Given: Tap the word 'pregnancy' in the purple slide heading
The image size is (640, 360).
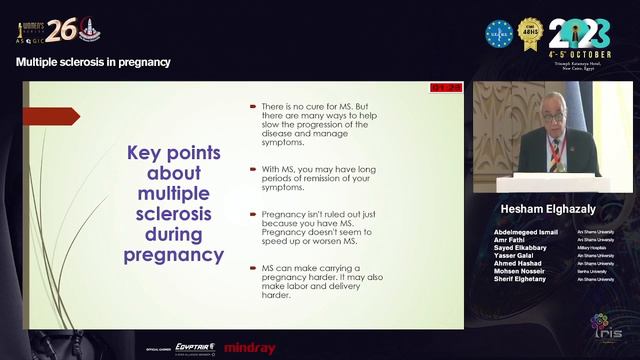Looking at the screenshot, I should tap(173, 254).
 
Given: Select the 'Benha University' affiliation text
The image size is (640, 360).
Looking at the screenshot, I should tap(593, 272).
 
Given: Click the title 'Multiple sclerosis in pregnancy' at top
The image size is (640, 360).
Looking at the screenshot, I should tap(93, 62).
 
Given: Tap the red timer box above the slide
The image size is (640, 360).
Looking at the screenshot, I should tap(447, 89).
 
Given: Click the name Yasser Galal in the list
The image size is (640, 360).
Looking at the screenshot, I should tap(518, 255).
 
